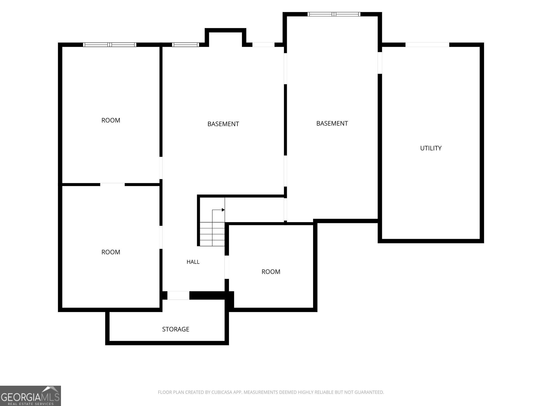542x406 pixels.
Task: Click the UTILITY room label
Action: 431,148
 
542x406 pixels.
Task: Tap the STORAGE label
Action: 176,329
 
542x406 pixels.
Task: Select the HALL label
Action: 193,262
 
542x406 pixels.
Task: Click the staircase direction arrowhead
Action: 223,210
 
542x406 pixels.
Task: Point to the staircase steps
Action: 212,234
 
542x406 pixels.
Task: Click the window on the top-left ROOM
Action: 110,45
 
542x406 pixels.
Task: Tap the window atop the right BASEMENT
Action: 334,14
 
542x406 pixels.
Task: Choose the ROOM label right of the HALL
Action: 271,272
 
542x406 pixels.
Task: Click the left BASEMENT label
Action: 223,124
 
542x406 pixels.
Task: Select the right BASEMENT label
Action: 332,123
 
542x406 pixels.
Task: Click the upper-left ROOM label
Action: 111,120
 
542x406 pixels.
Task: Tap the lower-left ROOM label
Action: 111,252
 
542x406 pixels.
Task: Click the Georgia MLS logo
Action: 30,396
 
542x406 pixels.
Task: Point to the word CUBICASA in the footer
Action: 223,392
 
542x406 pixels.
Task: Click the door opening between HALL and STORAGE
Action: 178,295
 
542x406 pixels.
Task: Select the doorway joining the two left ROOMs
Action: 112,184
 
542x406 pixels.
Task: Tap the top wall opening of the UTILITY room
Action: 427,45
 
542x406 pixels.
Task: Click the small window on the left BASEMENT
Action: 185,45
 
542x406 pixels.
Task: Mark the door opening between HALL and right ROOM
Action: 227,267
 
